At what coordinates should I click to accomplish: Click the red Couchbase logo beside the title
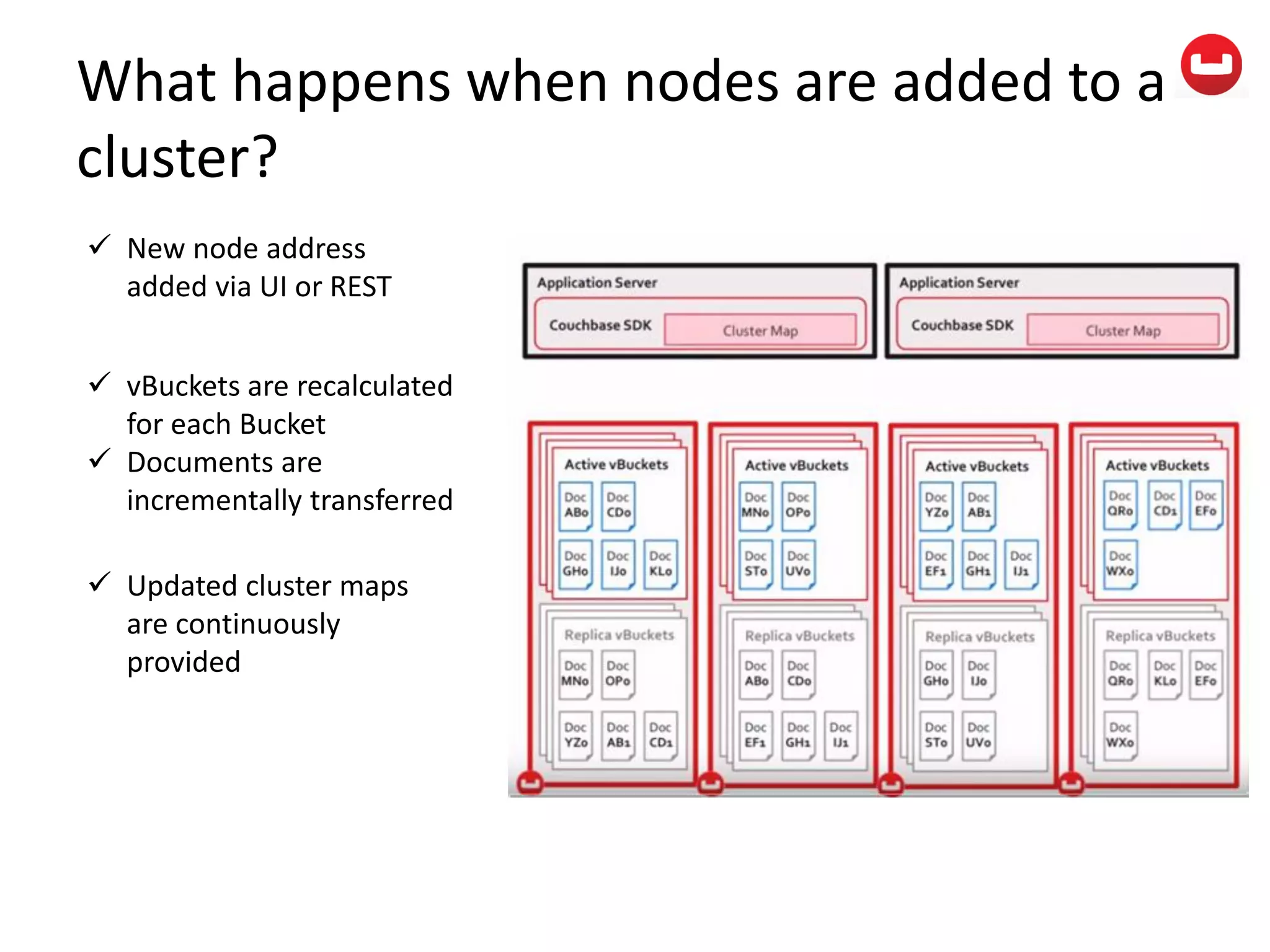tap(1210, 64)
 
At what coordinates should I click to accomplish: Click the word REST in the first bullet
tap(361, 287)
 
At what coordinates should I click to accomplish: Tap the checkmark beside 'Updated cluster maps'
tap(99, 582)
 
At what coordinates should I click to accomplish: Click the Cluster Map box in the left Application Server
tap(760, 330)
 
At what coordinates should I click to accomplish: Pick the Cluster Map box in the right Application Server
tap(1122, 330)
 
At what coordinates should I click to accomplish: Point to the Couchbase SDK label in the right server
tap(962, 325)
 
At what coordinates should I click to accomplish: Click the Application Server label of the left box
tap(597, 283)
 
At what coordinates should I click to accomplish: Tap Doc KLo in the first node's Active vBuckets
tap(660, 564)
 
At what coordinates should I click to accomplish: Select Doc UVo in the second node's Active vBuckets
tap(798, 564)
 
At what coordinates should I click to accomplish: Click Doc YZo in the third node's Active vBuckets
tap(936, 506)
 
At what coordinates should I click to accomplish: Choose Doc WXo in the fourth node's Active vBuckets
tap(1120, 564)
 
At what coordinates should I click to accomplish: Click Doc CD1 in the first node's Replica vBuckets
tap(660, 735)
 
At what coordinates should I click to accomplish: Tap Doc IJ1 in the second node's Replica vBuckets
tap(841, 735)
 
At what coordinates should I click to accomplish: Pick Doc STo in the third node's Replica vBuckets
tap(936, 735)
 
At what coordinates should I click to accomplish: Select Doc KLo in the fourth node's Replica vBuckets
tap(1165, 674)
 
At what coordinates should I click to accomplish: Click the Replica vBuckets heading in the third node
tap(980, 637)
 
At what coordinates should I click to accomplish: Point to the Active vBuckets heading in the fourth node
tap(1157, 465)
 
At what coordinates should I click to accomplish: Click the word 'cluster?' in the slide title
tap(177, 157)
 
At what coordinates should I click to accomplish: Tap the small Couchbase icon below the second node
tap(711, 783)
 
